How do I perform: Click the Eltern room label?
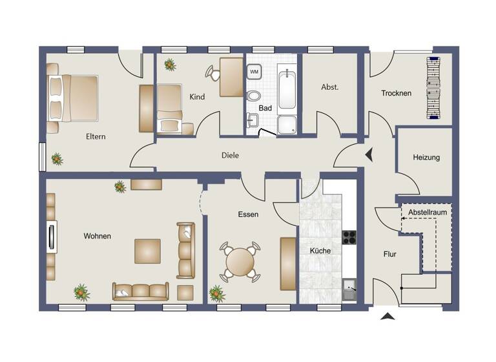tap(96, 136)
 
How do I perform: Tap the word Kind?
tap(197, 97)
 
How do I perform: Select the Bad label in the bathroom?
tap(265, 108)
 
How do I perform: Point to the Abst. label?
tap(329, 87)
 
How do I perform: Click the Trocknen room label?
tap(396, 93)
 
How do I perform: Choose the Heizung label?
tap(426, 157)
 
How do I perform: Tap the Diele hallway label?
tap(230, 155)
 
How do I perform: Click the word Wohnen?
tap(97, 236)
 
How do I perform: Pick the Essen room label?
tap(248, 214)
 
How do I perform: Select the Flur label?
tap(389, 254)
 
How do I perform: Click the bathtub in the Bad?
tap(286, 90)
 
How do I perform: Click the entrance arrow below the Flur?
tap(387, 316)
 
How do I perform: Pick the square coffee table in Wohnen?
tap(147, 251)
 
